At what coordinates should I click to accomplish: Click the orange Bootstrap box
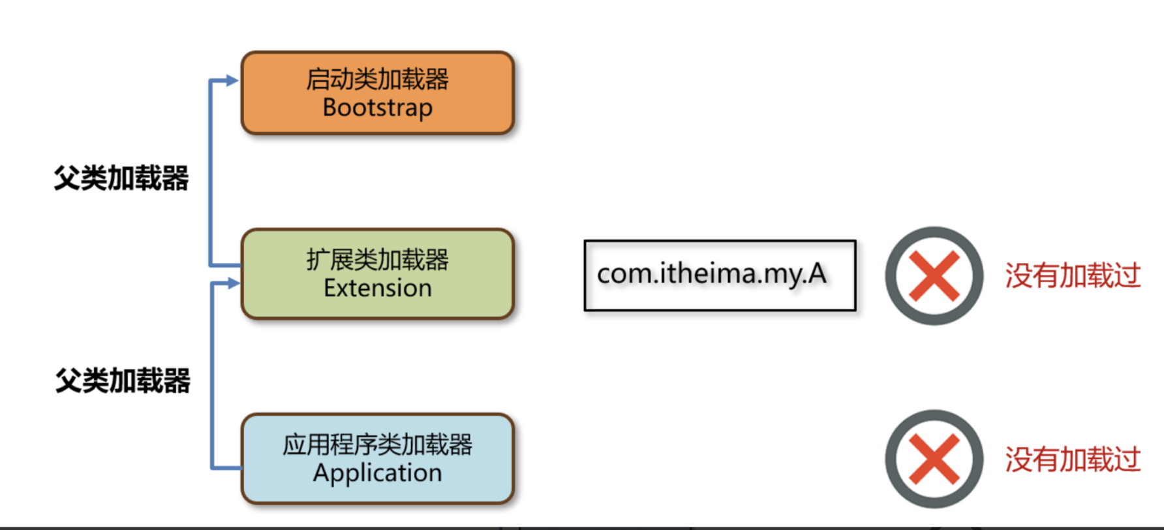point(378,93)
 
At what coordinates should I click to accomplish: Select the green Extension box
point(378,273)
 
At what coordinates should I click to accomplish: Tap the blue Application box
point(378,458)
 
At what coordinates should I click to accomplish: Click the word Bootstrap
point(378,108)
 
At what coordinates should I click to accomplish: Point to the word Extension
point(378,288)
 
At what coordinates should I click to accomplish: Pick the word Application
point(378,473)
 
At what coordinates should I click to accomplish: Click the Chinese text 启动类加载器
point(378,79)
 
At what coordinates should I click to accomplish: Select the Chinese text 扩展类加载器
point(378,260)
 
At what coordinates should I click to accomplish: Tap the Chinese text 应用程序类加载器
point(378,444)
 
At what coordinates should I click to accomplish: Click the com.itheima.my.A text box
point(720,275)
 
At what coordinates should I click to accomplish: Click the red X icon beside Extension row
point(934,276)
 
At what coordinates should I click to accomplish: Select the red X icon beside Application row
point(934,460)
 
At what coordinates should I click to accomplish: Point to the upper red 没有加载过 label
point(1073,275)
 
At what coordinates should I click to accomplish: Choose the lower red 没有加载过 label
point(1073,460)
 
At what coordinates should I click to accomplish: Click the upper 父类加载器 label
point(121,178)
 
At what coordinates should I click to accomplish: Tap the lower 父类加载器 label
point(123,381)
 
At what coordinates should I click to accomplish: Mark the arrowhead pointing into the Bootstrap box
point(232,81)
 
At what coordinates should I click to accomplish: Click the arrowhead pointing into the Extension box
point(233,283)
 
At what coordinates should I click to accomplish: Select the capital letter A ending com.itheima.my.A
point(817,273)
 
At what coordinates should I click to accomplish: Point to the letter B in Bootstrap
point(331,107)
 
